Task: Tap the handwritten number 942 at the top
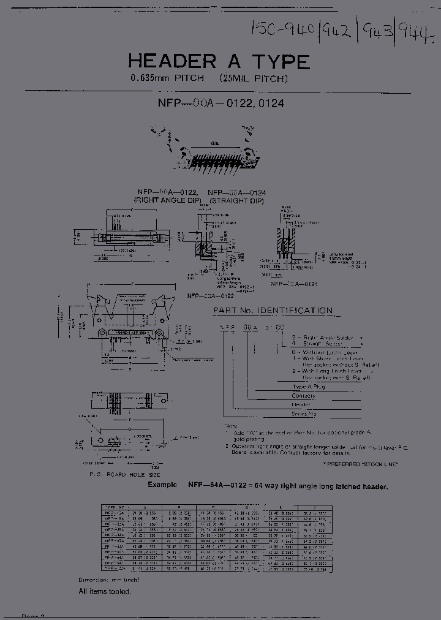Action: pyautogui.click(x=338, y=28)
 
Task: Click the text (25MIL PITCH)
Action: pyautogui.click(x=254, y=78)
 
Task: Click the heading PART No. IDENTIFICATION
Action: pyautogui.click(x=273, y=311)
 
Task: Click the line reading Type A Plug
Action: pyautogui.click(x=309, y=387)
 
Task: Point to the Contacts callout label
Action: pyautogui.click(x=304, y=396)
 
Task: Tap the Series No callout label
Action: pyautogui.click(x=304, y=414)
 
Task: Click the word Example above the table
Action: pyautogui.click(x=162, y=485)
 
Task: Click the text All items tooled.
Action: pyautogui.click(x=104, y=591)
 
